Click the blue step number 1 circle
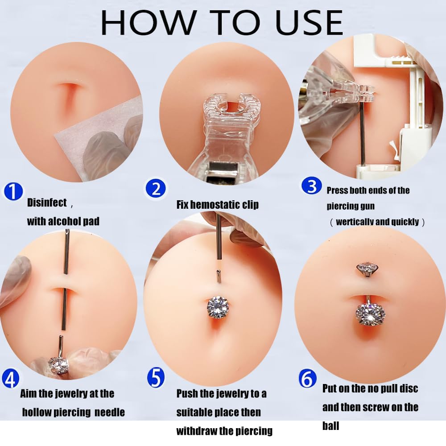click(13, 191)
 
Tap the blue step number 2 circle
click(155, 188)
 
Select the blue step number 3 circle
click(312, 186)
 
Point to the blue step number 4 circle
click(11, 379)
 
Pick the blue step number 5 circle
click(156, 377)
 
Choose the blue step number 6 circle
click(308, 379)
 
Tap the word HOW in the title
click(149, 23)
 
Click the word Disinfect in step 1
click(47, 202)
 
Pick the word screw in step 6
click(376, 407)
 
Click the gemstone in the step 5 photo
click(218, 307)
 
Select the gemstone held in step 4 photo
click(58, 365)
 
